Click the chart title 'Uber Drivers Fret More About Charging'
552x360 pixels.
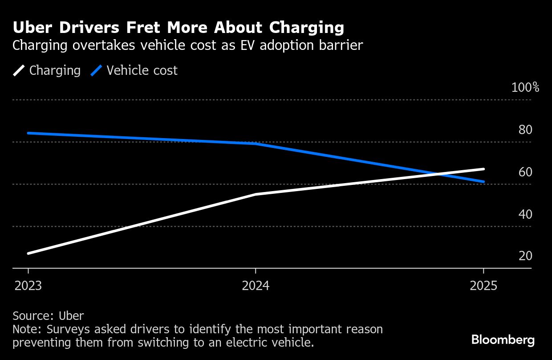pos(178,28)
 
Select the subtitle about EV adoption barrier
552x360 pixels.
pos(187,45)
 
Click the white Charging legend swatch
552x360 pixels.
pos(19,70)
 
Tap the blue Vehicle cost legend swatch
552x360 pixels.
pos(97,70)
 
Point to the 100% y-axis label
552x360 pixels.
pos(525,87)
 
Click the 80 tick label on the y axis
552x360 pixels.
pos(525,130)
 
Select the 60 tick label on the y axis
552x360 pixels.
pos(525,172)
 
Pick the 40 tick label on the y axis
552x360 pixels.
pos(525,214)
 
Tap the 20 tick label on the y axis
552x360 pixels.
pos(525,256)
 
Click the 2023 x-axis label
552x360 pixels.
pos(28,286)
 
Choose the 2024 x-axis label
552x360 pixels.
pos(256,286)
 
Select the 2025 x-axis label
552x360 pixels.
pos(483,286)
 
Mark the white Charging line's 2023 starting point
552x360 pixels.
pos(28,254)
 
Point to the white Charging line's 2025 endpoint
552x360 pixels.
pos(483,169)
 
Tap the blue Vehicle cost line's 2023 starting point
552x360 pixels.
pos(28,133)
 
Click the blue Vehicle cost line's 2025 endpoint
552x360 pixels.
pos(483,182)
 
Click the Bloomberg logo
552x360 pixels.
pos(503,340)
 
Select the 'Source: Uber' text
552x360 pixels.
pos(48,316)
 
